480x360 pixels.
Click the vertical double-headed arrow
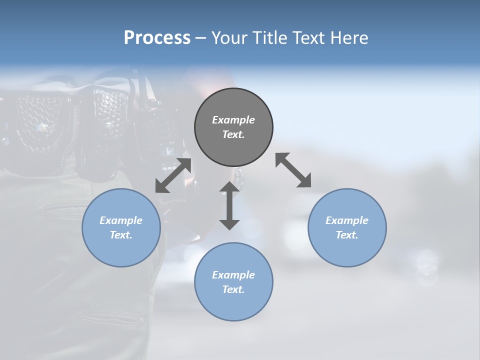229,205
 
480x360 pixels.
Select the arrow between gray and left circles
173,175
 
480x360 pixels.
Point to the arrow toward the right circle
293,170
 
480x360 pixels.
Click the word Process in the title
157,37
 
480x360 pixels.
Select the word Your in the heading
228,37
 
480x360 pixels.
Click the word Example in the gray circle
233,120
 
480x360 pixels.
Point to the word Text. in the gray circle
233,134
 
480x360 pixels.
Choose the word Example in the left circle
121,220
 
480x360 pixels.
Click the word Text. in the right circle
347,235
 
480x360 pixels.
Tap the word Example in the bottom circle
233,275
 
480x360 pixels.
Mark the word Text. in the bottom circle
233,289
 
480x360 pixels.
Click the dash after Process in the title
200,37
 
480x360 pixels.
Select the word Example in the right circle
347,220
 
